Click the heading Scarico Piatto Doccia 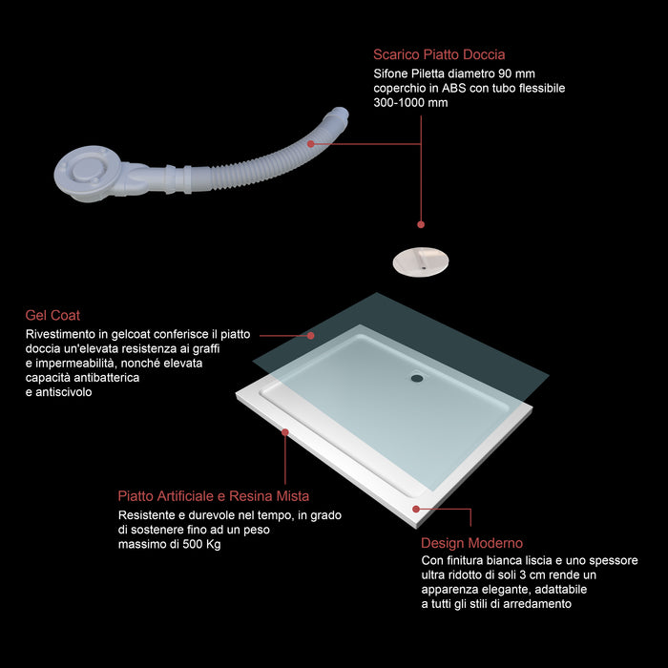click(x=439, y=54)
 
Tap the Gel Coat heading click(x=52, y=315)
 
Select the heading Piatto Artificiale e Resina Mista click(x=214, y=496)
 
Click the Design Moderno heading click(x=471, y=543)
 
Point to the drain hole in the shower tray click(x=417, y=378)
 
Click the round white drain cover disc click(x=421, y=262)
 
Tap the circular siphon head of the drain click(x=88, y=173)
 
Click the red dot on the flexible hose click(x=310, y=144)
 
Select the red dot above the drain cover click(x=421, y=224)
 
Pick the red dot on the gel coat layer click(x=310, y=336)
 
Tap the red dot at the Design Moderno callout click(x=416, y=509)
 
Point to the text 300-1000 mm click(x=410, y=103)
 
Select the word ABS click(x=453, y=88)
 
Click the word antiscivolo click(x=64, y=392)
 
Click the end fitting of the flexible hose click(x=339, y=115)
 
